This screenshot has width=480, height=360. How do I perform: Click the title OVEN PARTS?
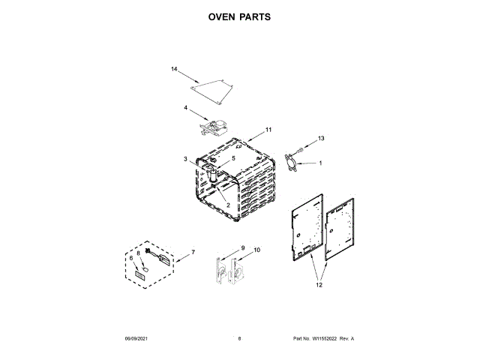point(240,16)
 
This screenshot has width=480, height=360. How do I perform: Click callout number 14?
point(174,70)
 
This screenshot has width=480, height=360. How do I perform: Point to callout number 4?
point(185,108)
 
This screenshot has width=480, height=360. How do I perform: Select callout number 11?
point(268,130)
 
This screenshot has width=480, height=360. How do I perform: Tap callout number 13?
point(320,139)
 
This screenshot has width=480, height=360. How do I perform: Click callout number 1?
point(321,163)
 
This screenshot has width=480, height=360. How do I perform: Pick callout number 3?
point(185,159)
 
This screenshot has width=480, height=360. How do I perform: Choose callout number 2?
point(228,205)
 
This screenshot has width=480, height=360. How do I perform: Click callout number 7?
point(192,251)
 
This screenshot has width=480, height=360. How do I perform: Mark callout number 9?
point(242,248)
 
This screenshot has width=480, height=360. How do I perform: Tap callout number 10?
point(257,250)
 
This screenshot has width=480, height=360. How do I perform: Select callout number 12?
point(318,285)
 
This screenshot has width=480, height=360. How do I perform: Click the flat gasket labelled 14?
point(211,90)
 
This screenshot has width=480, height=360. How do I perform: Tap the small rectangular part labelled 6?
point(139,275)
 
